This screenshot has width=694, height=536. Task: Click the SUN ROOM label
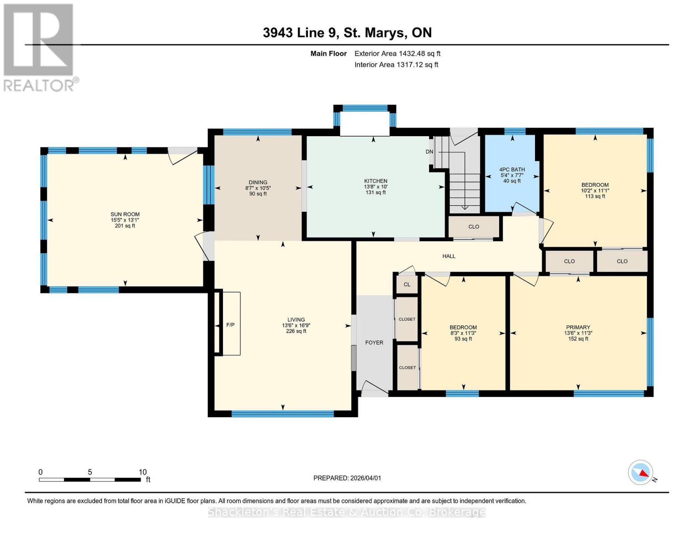tap(125, 214)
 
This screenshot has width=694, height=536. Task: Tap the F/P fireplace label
tap(230, 325)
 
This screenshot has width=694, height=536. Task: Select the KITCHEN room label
tap(375, 181)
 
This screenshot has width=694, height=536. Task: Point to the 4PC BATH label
tap(512, 170)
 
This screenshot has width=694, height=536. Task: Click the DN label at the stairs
tap(429, 151)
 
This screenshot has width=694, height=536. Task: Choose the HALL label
tap(449, 256)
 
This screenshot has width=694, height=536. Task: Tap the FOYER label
tap(374, 343)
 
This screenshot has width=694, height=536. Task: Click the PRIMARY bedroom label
tap(578, 327)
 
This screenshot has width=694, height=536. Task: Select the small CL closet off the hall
tap(407, 285)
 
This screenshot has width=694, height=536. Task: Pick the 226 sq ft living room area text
tap(296, 331)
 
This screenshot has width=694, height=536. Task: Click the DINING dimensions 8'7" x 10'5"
tap(258, 188)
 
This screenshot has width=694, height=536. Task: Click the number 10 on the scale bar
tap(143, 472)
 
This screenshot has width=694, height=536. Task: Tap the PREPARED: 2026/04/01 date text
tap(347, 478)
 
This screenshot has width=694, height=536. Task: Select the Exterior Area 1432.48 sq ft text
tap(397, 54)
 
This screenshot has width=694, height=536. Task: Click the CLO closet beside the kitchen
tap(474, 226)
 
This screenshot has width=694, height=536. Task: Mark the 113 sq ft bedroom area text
tap(595, 197)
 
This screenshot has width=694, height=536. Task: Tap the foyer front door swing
tap(374, 388)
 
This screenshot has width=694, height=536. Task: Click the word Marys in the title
tap(386, 33)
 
